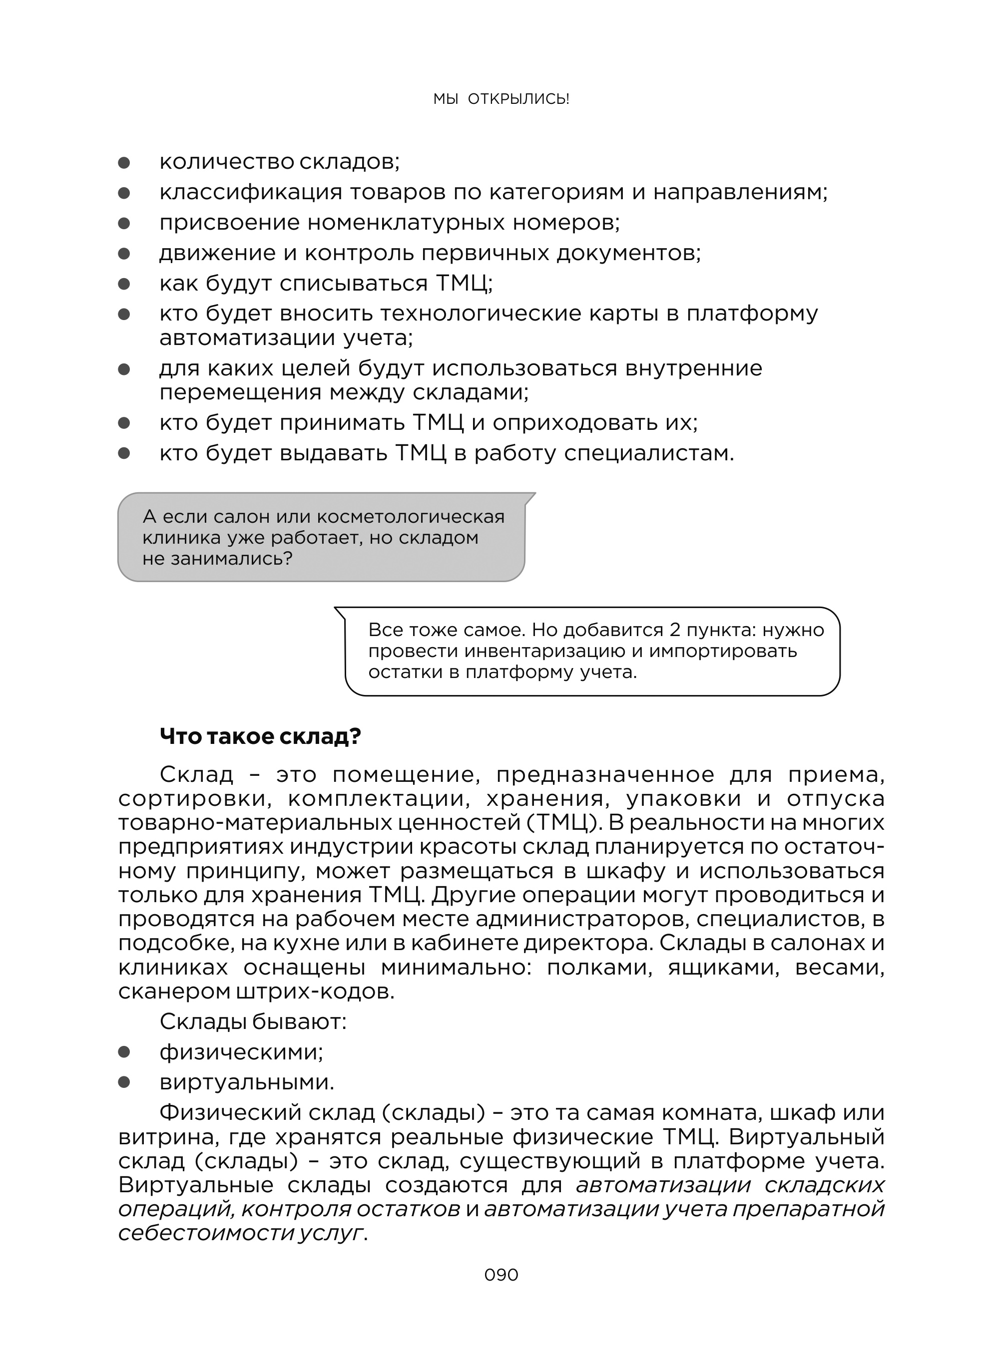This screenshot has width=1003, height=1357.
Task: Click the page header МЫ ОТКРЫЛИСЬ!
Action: click(501, 99)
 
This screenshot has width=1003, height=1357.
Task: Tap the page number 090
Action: click(501, 1275)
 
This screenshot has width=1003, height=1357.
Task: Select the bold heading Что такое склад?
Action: click(260, 736)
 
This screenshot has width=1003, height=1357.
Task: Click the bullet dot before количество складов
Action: click(124, 163)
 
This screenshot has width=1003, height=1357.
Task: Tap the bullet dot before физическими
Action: click(124, 1052)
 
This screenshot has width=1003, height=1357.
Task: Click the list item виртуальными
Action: click(246, 1082)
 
